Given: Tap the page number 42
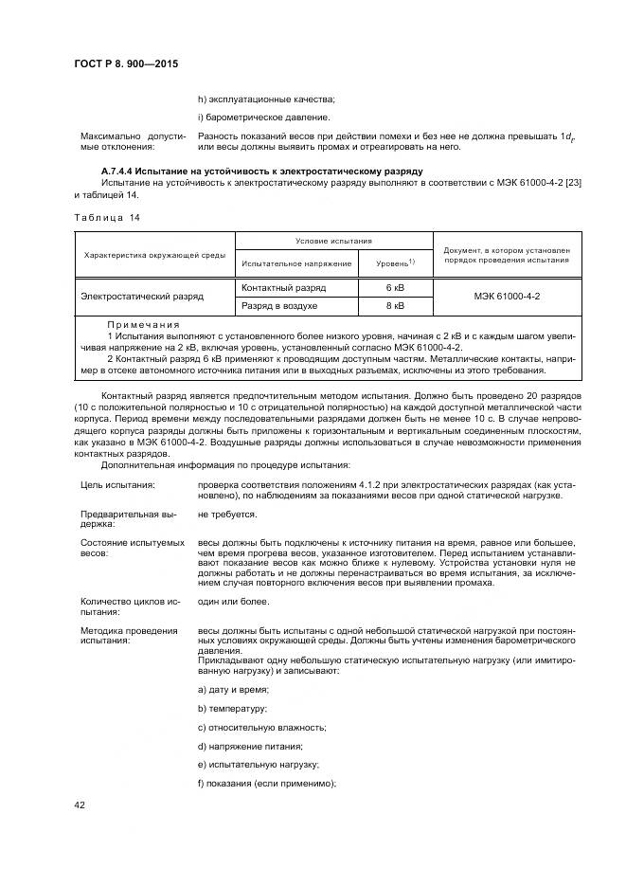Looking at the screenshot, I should coord(80,805).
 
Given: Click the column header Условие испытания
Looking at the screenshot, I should coord(333,242).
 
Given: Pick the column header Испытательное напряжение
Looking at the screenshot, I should coord(296,262).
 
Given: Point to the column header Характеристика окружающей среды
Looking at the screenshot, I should coord(154,254).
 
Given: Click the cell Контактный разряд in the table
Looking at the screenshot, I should coord(284,287).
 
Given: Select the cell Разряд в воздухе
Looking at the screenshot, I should coord(280,306).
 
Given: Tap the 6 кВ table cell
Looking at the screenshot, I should coord(395,287).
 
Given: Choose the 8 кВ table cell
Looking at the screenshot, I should coord(395,306).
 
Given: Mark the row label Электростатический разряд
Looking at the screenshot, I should coord(141,297).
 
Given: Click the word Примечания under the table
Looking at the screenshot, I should coord(139,324).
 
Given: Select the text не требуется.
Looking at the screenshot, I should coord(227,514).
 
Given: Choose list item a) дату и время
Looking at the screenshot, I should coord(233,689).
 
